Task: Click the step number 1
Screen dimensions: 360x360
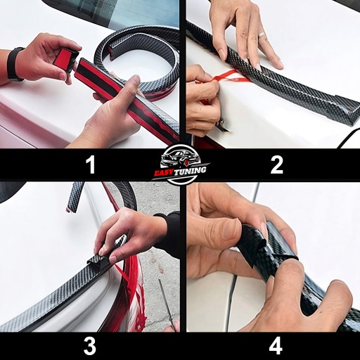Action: coord(91,165)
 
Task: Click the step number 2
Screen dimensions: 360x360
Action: coord(276,165)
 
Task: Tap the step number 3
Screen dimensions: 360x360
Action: coord(89,346)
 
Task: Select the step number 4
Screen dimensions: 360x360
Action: coord(276,346)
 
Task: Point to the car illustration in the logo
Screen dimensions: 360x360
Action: coord(180,157)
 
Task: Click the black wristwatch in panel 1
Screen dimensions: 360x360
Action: coord(15,64)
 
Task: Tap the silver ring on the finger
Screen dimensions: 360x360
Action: coord(262,34)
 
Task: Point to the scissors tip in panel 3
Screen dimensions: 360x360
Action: coord(160,281)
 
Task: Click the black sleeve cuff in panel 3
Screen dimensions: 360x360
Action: coord(169,230)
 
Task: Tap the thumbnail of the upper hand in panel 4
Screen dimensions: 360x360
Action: coord(231,227)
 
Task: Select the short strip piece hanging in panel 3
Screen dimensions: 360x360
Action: coord(75,197)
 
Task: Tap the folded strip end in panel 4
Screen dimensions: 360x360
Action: coord(254,244)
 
